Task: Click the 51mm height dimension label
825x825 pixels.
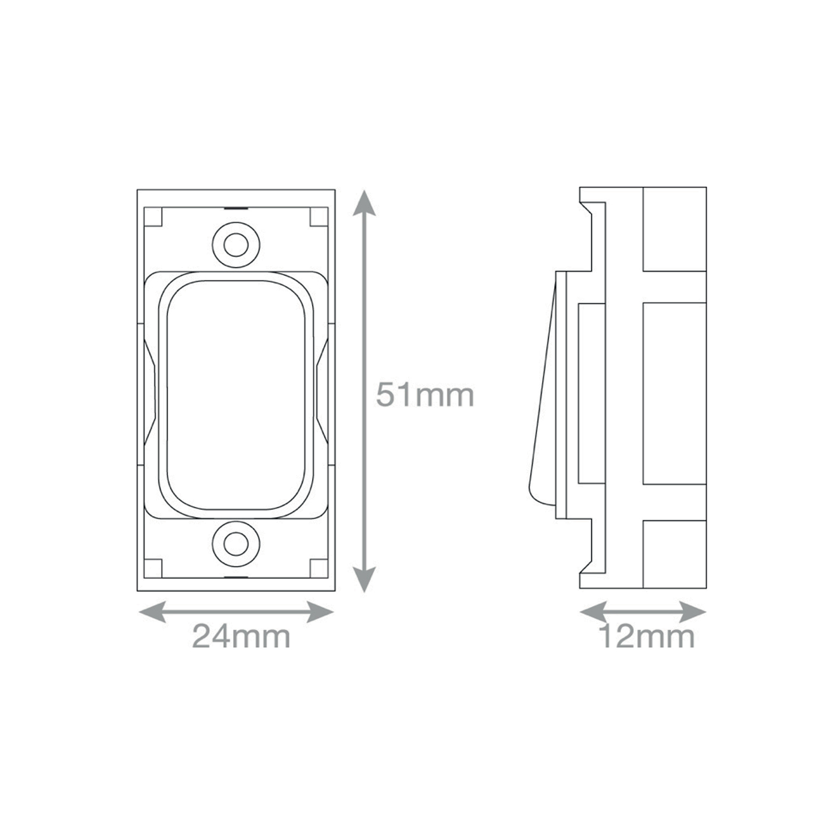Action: pos(425,395)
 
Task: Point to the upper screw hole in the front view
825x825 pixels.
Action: pos(236,244)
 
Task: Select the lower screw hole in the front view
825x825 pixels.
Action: pos(236,544)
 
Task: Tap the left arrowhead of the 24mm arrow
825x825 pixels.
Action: pos(153,612)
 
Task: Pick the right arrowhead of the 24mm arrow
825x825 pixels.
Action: pos(320,612)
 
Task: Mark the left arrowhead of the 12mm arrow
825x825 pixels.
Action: pos(593,612)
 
